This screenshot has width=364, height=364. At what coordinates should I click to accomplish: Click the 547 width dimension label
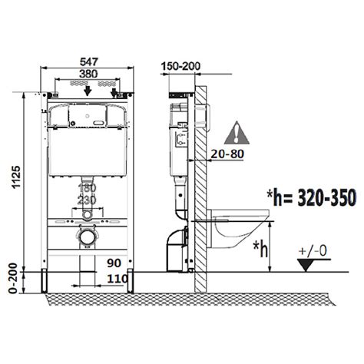(89, 62)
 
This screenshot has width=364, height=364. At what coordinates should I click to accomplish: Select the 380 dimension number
(88, 74)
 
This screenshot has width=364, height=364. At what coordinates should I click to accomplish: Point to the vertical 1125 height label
(17, 177)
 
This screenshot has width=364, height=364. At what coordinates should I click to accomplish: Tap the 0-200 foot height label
(13, 278)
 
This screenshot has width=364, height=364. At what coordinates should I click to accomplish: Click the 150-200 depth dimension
(180, 66)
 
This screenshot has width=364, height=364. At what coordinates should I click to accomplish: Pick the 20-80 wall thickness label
(227, 154)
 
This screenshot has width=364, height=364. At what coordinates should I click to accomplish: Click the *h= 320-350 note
(311, 197)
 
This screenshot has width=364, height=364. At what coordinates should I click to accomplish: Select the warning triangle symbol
(237, 133)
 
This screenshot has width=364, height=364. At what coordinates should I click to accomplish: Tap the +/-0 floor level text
(313, 251)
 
